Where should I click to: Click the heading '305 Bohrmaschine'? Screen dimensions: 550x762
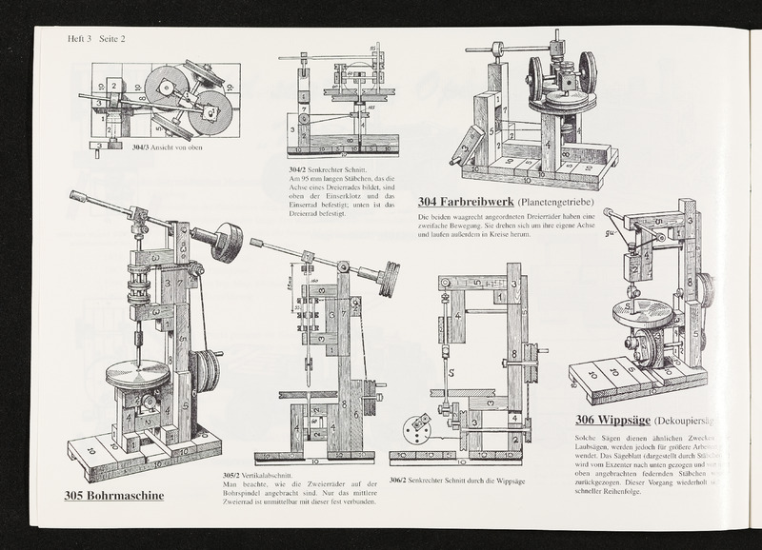(114, 496)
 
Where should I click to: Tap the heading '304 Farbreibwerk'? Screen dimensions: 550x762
(465, 202)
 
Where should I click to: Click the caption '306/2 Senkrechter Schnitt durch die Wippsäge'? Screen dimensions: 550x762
(460, 481)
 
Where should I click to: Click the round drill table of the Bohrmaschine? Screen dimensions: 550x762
(137, 374)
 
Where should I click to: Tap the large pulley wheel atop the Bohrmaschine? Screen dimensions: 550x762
(226, 242)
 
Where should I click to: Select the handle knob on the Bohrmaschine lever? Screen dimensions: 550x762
(77, 198)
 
